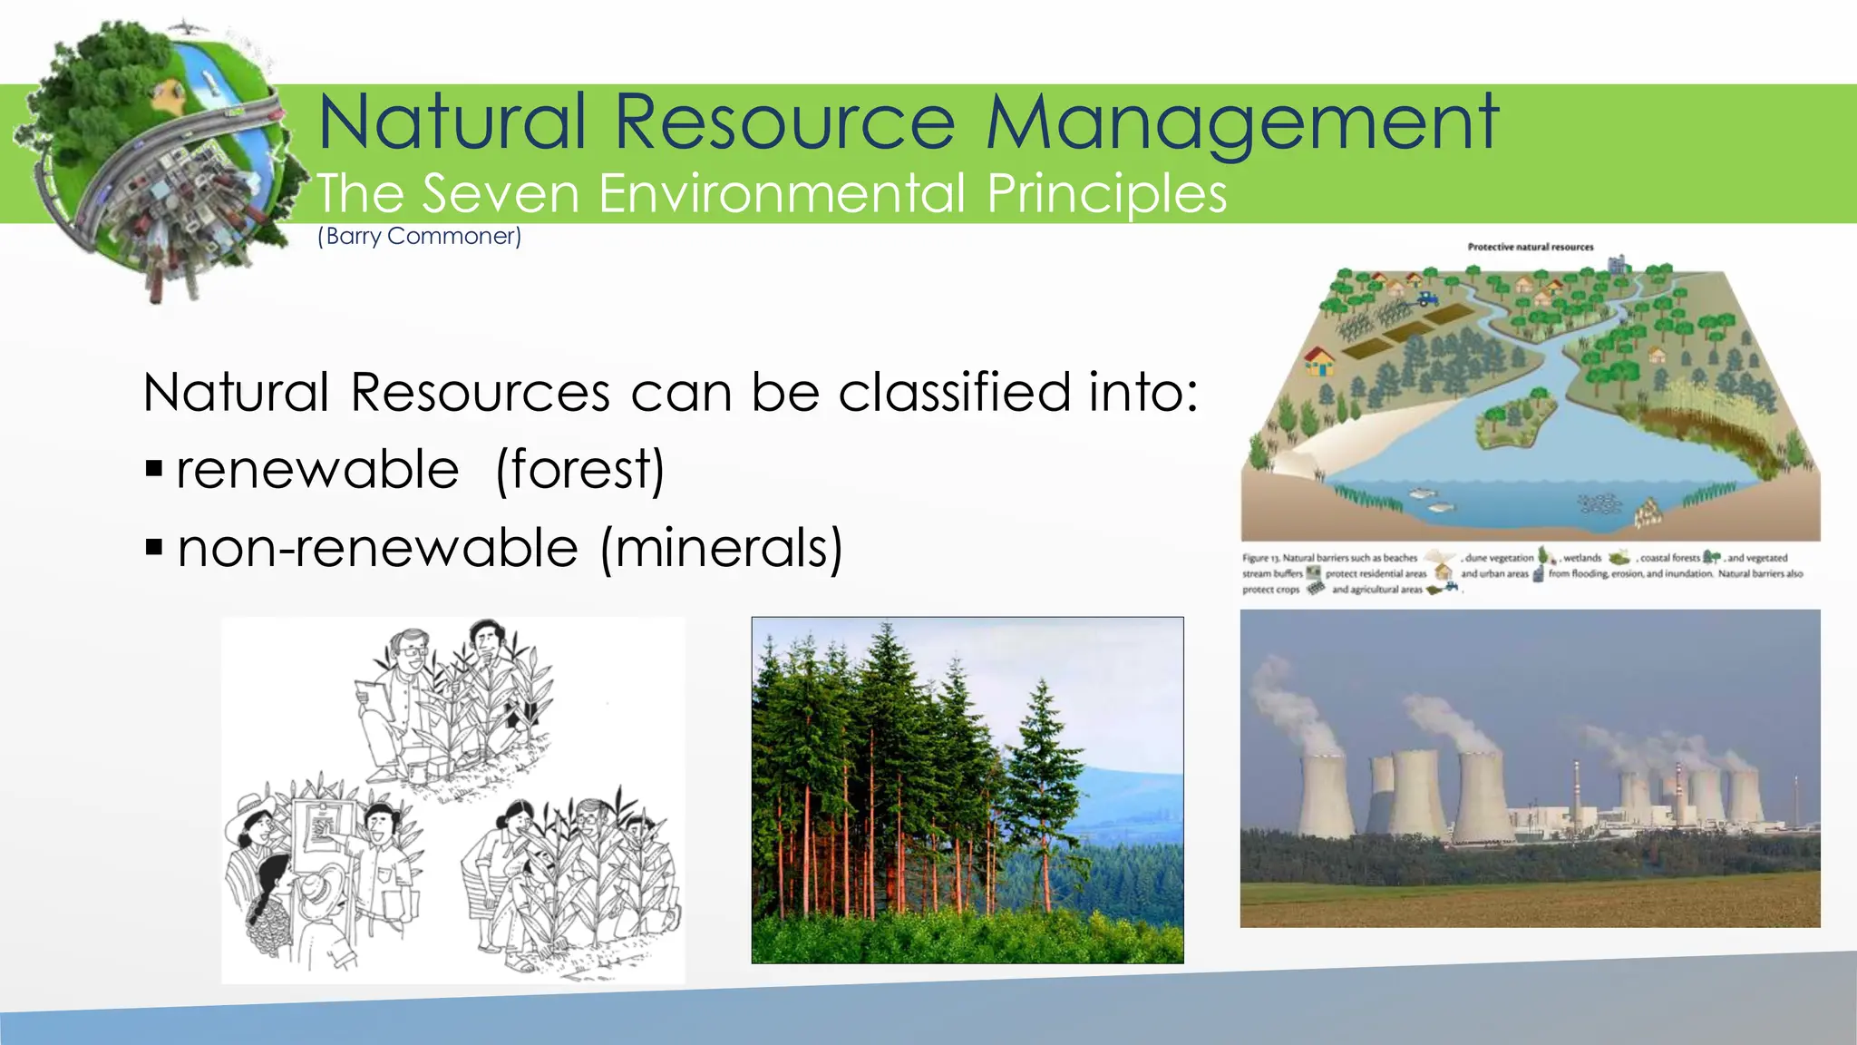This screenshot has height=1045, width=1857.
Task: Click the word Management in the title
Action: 1242,122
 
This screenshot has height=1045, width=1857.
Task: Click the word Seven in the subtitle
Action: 500,193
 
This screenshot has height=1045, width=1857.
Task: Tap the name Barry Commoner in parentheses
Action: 419,237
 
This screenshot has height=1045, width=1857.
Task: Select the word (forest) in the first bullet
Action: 580,470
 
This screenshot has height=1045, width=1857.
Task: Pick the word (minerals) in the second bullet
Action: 722,549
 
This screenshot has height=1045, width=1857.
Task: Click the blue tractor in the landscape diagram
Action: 1427,297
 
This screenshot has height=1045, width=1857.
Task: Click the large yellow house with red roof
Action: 1320,361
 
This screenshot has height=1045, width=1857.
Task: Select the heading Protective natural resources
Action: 1531,247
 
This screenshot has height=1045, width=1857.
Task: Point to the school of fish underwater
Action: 1600,503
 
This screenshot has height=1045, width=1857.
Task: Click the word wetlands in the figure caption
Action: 1582,558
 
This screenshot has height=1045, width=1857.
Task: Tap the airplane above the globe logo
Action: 185,26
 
